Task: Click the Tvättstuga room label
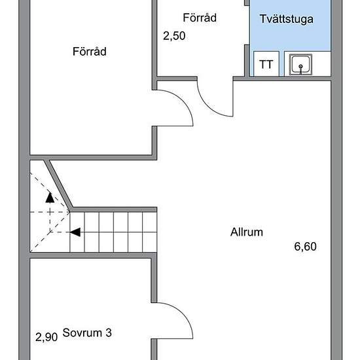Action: tap(286, 19)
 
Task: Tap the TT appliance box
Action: tap(266, 64)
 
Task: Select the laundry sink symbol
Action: tap(300, 65)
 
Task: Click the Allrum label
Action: tap(247, 232)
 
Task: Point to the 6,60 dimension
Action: tap(305, 247)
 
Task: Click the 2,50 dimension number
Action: tap(174, 36)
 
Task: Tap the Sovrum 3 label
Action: tap(87, 333)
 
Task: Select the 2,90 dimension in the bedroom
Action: tap(46, 337)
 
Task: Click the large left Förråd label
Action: tap(90, 51)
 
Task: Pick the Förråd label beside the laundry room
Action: tap(200, 18)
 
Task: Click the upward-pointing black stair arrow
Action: tap(50, 198)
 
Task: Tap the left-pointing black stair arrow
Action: tap(75, 232)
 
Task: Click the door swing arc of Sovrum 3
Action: tap(182, 314)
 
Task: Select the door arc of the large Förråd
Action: tap(182, 101)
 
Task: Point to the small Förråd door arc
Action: tap(207, 106)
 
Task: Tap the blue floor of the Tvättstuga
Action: tap(290, 35)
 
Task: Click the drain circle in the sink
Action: tap(300, 67)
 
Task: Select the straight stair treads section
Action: tap(113, 232)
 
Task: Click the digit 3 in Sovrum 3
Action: tap(109, 333)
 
